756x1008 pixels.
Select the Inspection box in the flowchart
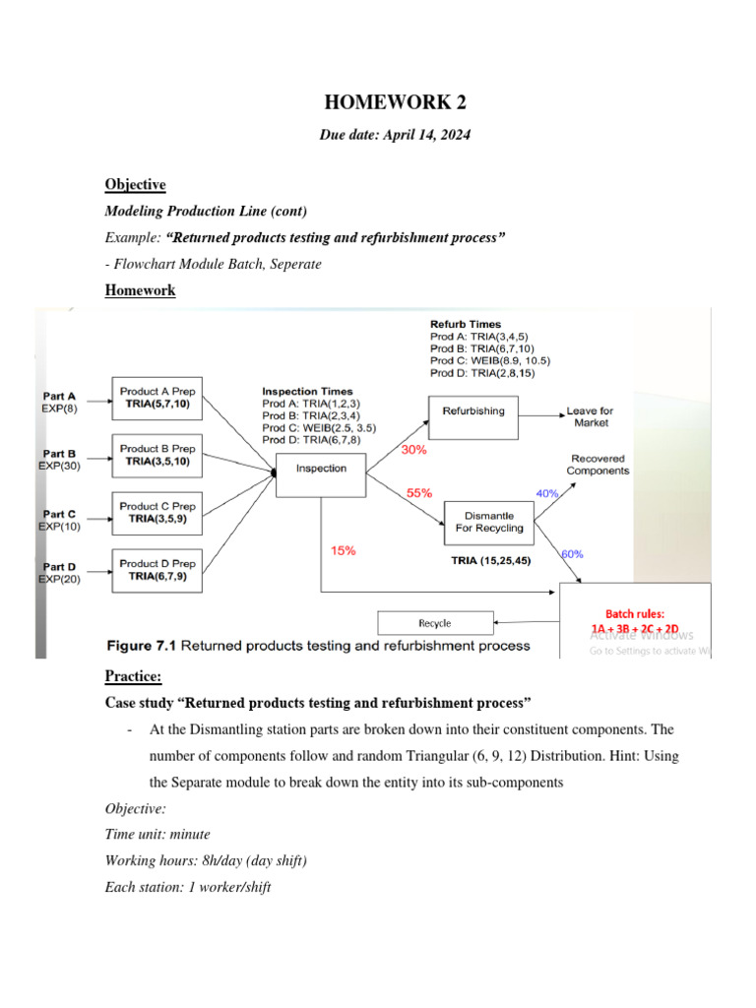coord(321,469)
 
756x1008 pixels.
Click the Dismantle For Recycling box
coord(494,522)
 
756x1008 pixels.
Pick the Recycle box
coord(435,623)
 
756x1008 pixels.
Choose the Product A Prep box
coord(157,397)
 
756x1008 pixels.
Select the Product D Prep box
coord(157,570)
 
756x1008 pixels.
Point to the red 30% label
coord(414,450)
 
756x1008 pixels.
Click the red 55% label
coord(418,493)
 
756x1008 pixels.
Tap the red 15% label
coord(343,551)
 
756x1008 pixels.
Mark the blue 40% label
coord(546,493)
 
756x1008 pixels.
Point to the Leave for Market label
coord(591,416)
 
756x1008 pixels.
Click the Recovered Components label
coord(598,465)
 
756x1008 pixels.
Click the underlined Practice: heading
coord(133,676)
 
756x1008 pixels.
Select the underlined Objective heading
coord(135,184)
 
